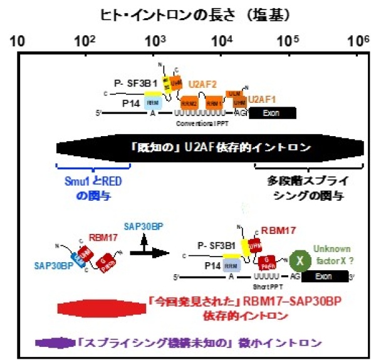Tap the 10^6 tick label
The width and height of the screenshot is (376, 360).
pos(358,41)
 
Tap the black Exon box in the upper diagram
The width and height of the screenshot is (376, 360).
pos(273,114)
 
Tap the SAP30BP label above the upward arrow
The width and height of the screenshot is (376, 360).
pos(144,225)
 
